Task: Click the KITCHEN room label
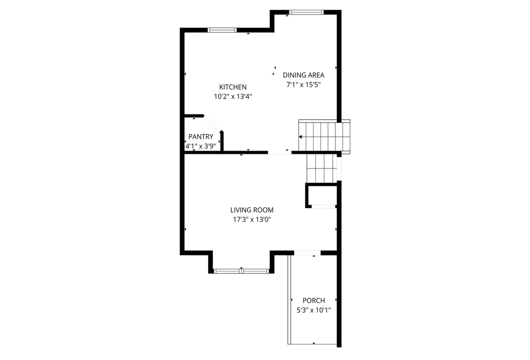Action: [x=232, y=87]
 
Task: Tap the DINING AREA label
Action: [x=303, y=75]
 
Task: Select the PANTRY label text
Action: [x=201, y=137]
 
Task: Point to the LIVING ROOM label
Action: [x=252, y=210]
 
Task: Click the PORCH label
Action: [x=314, y=300]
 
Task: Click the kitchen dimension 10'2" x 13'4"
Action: [x=232, y=96]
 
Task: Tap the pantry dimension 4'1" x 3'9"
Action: [x=201, y=146]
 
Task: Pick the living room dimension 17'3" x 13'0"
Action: [x=252, y=220]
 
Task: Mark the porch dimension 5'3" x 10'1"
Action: [x=314, y=310]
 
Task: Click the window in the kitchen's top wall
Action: [x=222, y=30]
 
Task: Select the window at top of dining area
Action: [x=306, y=12]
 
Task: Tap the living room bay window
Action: [x=241, y=270]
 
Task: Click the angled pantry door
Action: [x=213, y=125]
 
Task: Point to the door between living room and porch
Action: [x=307, y=253]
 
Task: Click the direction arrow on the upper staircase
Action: [x=301, y=137]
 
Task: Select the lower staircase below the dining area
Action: [x=320, y=168]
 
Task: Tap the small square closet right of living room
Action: [x=321, y=196]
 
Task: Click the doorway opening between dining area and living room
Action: [x=279, y=153]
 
